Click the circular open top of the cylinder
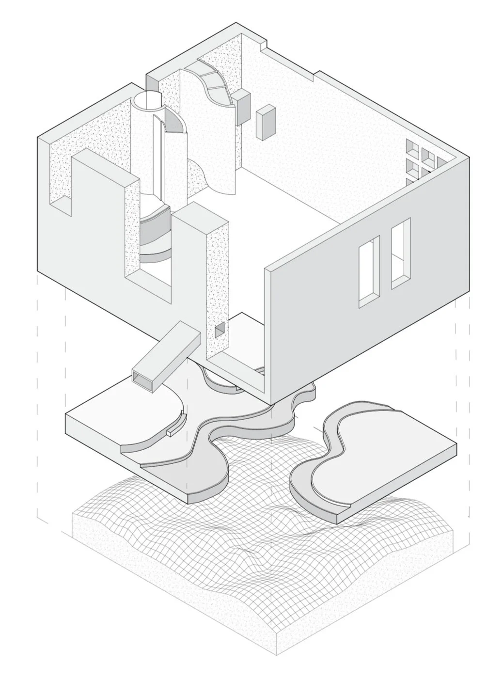click(146, 100)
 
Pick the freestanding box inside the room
click(265, 122)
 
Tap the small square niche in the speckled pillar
click(220, 331)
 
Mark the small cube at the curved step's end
click(172, 430)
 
